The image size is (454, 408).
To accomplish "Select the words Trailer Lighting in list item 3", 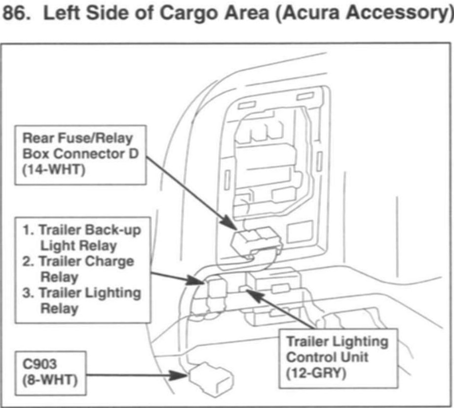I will (x=89, y=293).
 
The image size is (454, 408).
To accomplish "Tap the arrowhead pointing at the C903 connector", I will (x=183, y=375).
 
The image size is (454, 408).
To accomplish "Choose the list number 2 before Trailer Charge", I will (x=28, y=261).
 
